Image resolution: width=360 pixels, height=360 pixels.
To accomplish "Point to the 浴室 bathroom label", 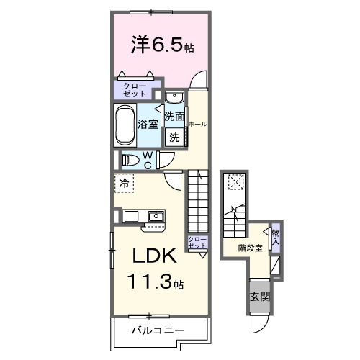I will coord(148,125).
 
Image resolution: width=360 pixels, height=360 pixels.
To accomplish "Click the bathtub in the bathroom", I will coord(125,125).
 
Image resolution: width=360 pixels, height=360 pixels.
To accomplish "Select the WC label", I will coord(147,160).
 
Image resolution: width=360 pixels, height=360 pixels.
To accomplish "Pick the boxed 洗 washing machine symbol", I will coord(174,137).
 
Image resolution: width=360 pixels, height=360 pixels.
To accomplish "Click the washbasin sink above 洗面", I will coord(175,98).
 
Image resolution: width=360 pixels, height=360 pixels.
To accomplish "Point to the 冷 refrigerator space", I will coord(125,184).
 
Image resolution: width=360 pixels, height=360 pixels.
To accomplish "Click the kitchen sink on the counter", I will coord(156,216).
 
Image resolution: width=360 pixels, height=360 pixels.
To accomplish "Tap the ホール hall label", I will coord(197,125).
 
